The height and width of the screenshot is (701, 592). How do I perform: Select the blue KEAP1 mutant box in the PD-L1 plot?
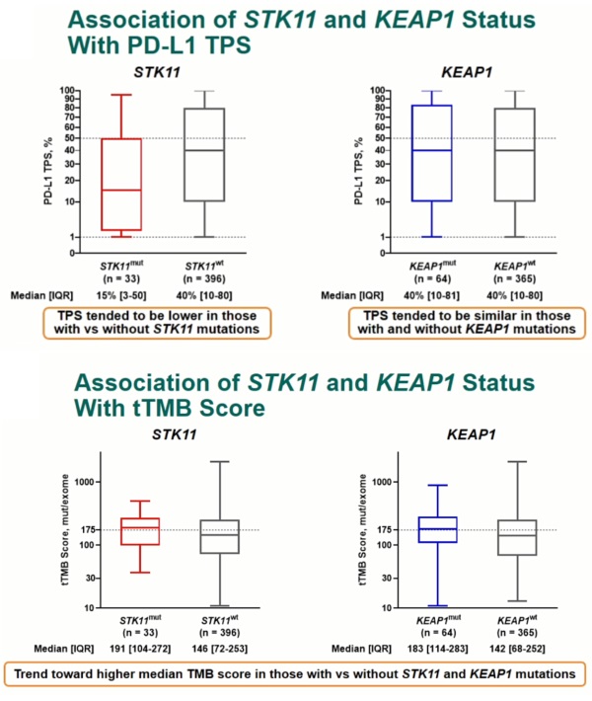coord(430,153)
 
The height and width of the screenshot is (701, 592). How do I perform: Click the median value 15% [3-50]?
coord(123,294)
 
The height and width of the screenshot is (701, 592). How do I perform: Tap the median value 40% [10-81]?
coord(429,294)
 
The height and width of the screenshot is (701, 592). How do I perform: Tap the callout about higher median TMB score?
coord(294,673)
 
